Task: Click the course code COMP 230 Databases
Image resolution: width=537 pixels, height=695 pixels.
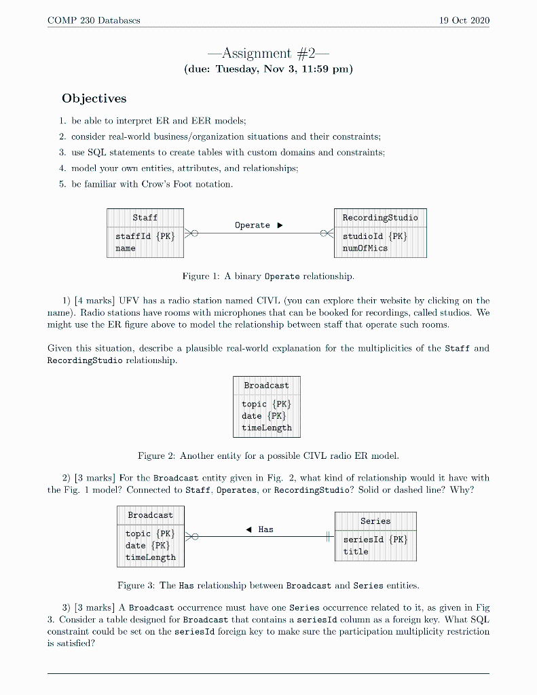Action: (94, 20)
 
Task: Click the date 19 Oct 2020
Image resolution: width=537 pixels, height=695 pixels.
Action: (464, 20)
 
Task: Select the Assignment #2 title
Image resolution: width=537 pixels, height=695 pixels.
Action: (268, 53)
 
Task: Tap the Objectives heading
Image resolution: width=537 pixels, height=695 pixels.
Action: (94, 98)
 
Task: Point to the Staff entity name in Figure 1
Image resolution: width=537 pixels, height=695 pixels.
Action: (145, 218)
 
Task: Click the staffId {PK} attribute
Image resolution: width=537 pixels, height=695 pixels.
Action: (145, 236)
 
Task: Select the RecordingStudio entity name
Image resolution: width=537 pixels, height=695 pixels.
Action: (380, 218)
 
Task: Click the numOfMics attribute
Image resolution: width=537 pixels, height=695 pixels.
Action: (365, 248)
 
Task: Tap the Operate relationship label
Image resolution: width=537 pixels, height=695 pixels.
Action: (253, 225)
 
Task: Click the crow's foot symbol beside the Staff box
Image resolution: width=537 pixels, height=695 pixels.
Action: (191, 233)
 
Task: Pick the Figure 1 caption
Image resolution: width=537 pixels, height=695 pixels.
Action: (268, 276)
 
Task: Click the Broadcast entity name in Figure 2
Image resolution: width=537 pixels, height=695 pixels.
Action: (266, 386)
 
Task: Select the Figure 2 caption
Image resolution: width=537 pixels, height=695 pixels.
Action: (268, 455)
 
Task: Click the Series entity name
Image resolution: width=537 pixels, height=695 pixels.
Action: (375, 521)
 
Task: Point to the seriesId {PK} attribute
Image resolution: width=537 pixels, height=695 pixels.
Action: (375, 540)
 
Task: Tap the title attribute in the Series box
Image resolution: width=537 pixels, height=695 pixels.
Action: (356, 552)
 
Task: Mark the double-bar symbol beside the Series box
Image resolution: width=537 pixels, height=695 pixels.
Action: (329, 537)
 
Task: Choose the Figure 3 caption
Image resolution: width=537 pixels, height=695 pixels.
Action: (268, 585)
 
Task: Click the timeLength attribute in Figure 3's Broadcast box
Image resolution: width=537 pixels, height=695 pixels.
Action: (150, 557)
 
